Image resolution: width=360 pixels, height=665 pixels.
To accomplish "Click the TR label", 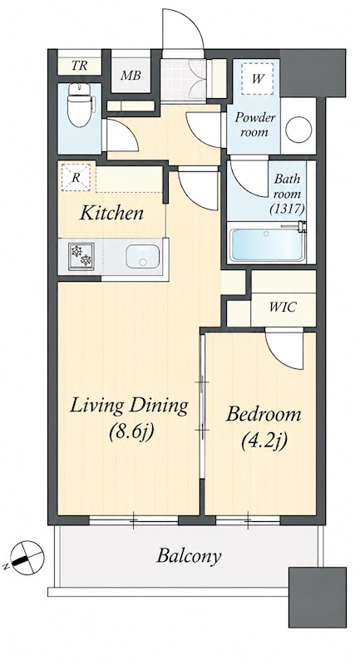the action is (79, 66).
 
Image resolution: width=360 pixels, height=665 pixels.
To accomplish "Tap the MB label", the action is (131, 76).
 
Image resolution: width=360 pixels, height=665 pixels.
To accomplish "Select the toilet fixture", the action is (79, 106).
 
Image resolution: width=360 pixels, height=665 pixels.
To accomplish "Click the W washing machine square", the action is (257, 78).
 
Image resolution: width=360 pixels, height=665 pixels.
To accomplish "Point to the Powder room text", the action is (255, 125).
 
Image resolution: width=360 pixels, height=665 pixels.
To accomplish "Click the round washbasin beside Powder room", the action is (298, 130).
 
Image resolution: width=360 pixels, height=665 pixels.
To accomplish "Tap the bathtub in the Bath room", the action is (266, 246).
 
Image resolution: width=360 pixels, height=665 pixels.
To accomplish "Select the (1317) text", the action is (287, 209).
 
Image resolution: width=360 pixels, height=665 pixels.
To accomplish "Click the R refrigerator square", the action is (76, 178).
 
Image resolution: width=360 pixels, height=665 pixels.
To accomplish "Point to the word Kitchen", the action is (112, 213).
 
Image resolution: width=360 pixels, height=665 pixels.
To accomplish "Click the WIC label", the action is (284, 307).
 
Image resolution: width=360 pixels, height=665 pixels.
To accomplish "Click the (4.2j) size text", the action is (264, 441).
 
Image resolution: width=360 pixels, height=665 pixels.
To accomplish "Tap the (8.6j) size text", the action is (131, 431).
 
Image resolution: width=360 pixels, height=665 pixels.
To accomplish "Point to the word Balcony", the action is (189, 555).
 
